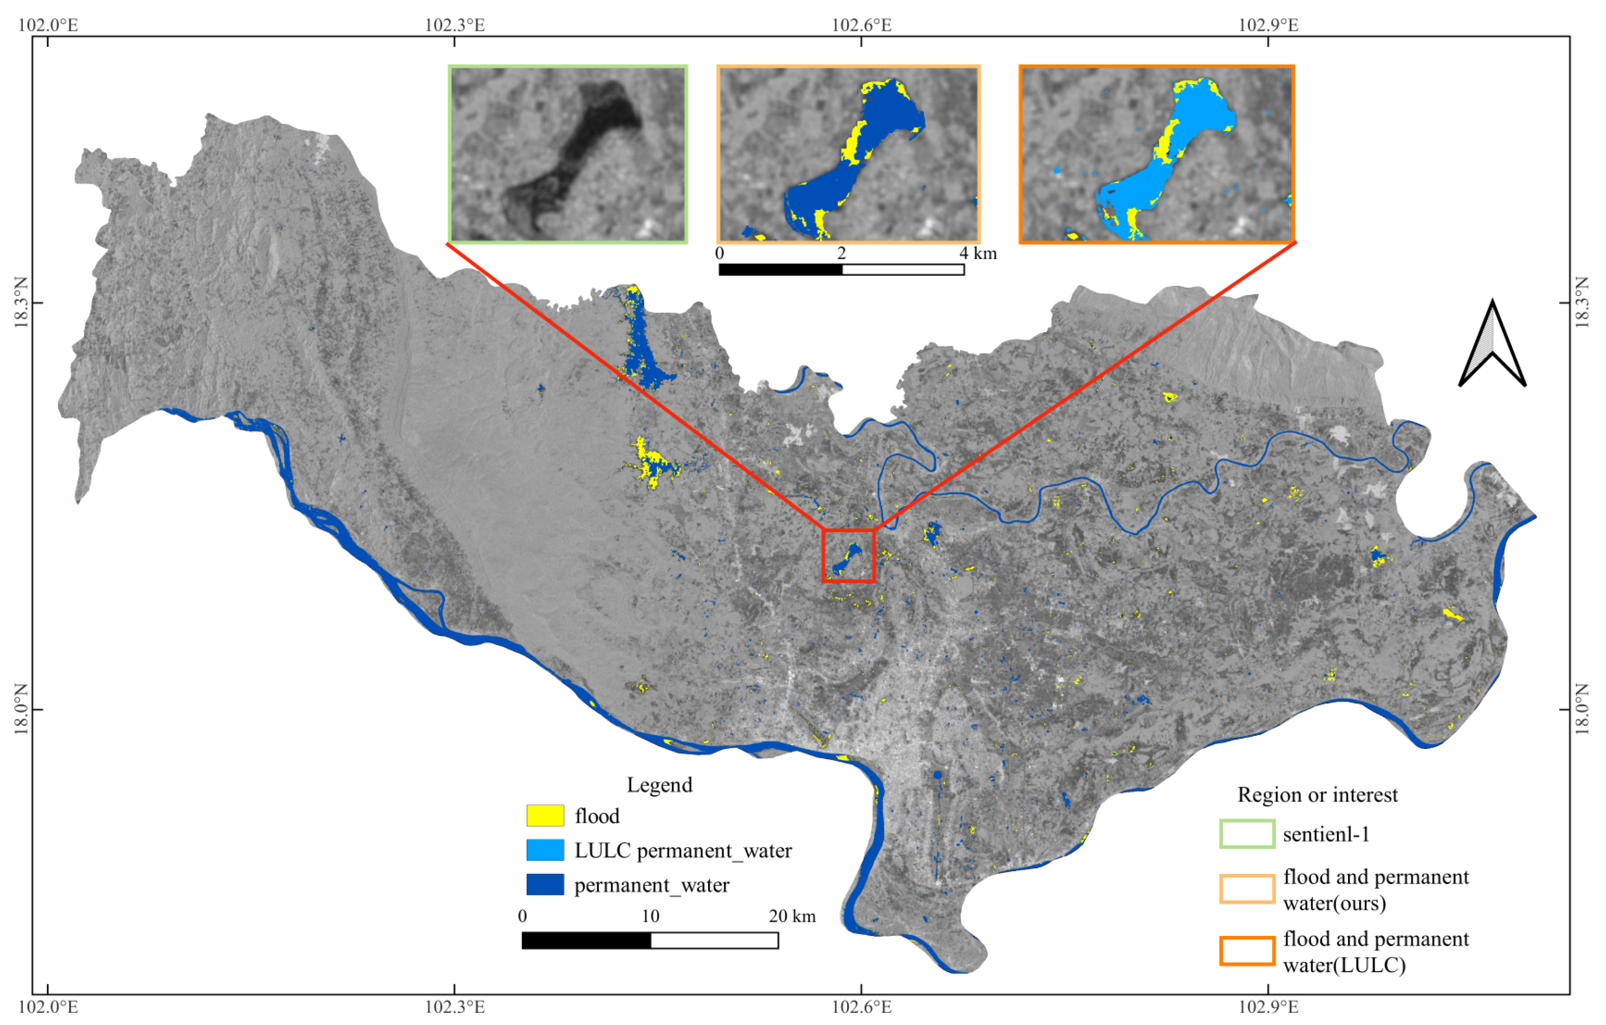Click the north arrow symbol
(x=1492, y=347)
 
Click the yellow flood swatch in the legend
(x=545, y=815)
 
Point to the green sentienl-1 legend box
(x=1247, y=834)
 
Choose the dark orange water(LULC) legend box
(x=1247, y=951)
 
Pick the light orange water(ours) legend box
(x=1247, y=889)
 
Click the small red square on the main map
(x=849, y=555)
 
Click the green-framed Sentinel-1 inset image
(x=568, y=154)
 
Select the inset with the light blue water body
(x=1156, y=154)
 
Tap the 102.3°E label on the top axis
(x=455, y=25)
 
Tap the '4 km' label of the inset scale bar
(x=978, y=253)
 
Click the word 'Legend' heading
(x=659, y=785)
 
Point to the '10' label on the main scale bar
(x=650, y=916)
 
